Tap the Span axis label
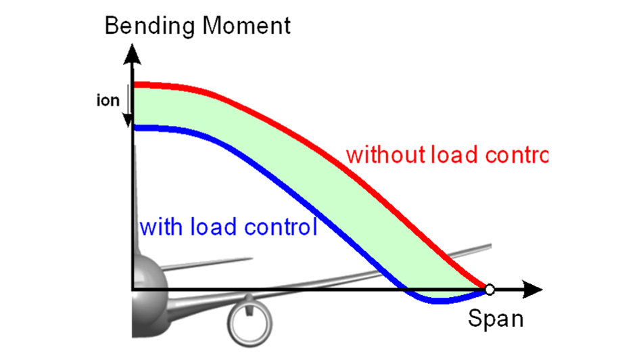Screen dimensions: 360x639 495,319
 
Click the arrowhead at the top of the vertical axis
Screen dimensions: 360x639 133,53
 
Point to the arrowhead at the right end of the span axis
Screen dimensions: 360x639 534,290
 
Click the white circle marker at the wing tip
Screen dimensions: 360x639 490,290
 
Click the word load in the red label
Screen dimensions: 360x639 455,155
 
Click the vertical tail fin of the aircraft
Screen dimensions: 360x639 137,203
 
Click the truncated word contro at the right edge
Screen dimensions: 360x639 517,155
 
